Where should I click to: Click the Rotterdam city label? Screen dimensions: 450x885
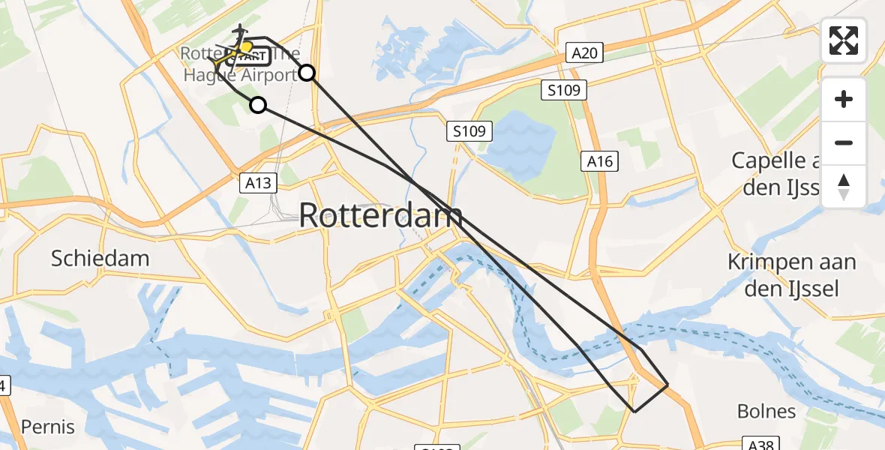(381, 216)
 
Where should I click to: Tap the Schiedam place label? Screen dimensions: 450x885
(100, 259)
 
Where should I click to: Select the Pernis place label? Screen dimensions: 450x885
(48, 427)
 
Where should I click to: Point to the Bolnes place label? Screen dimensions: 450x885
(766, 411)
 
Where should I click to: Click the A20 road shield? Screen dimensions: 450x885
(584, 52)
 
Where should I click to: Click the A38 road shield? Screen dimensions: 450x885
(758, 444)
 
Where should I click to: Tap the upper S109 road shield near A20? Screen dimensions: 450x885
(564, 91)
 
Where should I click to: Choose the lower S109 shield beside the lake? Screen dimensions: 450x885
(470, 131)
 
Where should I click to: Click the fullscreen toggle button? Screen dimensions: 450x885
(844, 40)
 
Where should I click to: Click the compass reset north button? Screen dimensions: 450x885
(844, 186)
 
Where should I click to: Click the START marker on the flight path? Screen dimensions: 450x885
(247, 55)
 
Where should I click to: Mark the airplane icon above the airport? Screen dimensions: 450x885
(240, 32)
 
